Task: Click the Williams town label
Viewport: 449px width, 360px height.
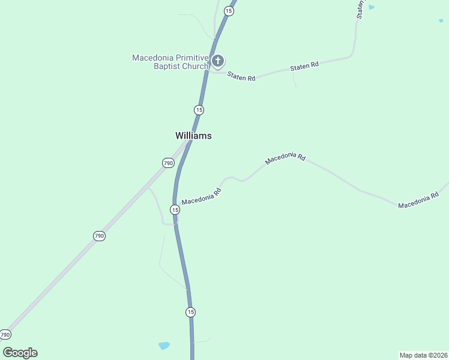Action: click(x=193, y=136)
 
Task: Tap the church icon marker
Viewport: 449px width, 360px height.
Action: click(x=218, y=61)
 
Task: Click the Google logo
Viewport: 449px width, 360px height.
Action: click(x=20, y=353)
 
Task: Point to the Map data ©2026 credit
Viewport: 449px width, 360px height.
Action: click(x=423, y=355)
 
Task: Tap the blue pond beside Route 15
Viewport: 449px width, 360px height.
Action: click(x=164, y=346)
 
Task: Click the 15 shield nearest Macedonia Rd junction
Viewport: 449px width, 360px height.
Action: click(x=175, y=209)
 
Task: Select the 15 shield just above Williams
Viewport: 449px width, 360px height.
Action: click(x=199, y=110)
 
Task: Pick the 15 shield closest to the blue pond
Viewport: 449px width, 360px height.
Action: click(x=190, y=312)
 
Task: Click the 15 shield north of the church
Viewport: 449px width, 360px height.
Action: click(x=228, y=11)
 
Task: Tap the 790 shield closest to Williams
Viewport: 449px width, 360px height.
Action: click(x=168, y=163)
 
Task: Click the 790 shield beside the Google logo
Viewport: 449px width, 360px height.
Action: click(x=5, y=334)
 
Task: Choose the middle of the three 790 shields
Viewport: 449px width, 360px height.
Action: click(x=100, y=236)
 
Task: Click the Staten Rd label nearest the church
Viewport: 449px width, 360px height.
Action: click(x=241, y=77)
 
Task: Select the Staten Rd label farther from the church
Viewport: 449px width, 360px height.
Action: click(x=304, y=67)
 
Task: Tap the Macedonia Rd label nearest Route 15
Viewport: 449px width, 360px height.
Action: click(x=202, y=196)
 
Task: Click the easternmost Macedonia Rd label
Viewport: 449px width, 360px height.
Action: click(x=418, y=201)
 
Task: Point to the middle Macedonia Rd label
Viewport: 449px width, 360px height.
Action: click(x=286, y=157)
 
